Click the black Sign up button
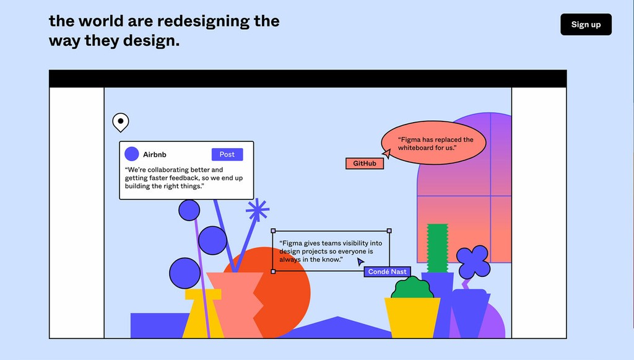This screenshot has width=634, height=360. pyautogui.click(x=586, y=24)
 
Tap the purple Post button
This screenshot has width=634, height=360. pyautogui.click(x=227, y=154)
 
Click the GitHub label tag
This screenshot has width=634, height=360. pyautogui.click(x=365, y=164)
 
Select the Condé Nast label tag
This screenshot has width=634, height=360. pyautogui.click(x=388, y=272)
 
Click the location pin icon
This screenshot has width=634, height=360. pyautogui.click(x=121, y=122)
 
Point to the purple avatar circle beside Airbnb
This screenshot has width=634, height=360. pyautogui.click(x=132, y=154)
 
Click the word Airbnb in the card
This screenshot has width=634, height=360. pyautogui.click(x=154, y=154)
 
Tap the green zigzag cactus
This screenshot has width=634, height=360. pyautogui.click(x=438, y=248)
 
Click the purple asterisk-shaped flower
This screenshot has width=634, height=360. pyautogui.click(x=258, y=210)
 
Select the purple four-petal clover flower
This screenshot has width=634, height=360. pyautogui.click(x=473, y=261)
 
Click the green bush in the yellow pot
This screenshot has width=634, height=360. pyautogui.click(x=412, y=288)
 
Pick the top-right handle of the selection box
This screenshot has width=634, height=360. pyautogui.click(x=389, y=230)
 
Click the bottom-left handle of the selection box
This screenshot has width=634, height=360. pyautogui.click(x=273, y=271)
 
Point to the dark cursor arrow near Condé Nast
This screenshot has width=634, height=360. pyautogui.click(x=360, y=261)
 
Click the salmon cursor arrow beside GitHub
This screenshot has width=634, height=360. pyautogui.click(x=387, y=153)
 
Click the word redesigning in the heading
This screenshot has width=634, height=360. pyautogui.click(x=203, y=21)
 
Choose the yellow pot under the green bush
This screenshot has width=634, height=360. pyautogui.click(x=412, y=318)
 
